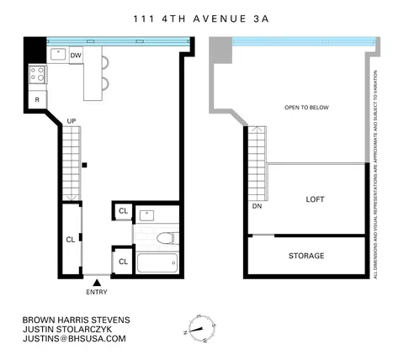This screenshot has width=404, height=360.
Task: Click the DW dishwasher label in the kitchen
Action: point(76,55)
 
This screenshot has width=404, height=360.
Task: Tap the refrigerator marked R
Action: point(38,100)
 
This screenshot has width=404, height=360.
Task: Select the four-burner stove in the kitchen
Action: point(38,75)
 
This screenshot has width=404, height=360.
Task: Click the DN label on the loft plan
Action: point(256,205)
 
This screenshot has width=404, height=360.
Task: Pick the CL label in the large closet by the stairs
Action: point(71,239)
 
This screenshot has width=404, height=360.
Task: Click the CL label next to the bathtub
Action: point(122,262)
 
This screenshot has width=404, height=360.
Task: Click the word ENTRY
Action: point(97,293)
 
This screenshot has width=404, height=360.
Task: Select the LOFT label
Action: point(316,199)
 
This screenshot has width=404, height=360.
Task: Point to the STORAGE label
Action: point(306,256)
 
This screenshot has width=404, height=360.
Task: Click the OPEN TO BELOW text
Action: point(306,108)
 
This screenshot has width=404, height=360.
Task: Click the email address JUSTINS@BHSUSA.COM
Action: point(74,338)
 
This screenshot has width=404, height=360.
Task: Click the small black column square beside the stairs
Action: point(84,165)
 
